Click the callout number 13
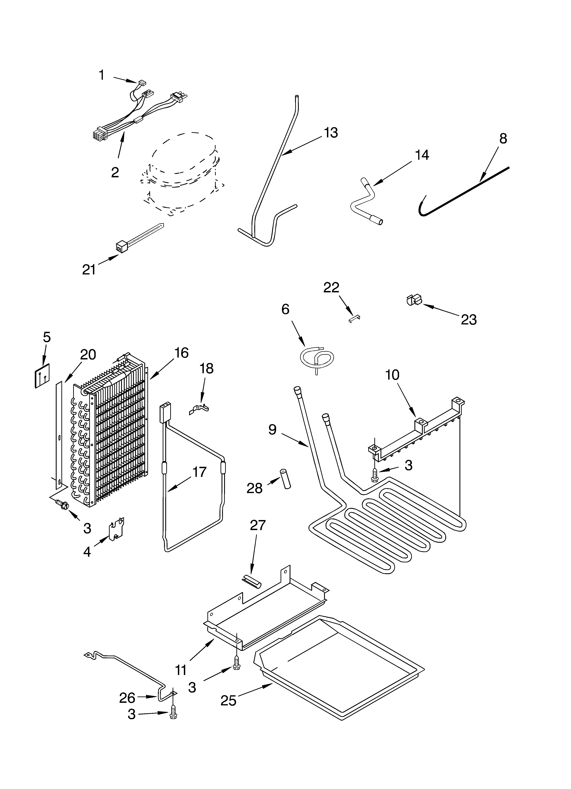[x=331, y=133]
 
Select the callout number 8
[x=503, y=138]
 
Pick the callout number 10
[x=392, y=375]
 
